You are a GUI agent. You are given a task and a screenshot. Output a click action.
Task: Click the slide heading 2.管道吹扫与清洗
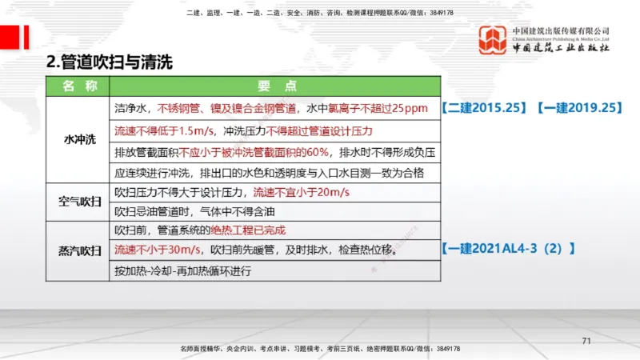[x=110, y=62]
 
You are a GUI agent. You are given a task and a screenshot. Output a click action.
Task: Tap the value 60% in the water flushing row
[x=317, y=151]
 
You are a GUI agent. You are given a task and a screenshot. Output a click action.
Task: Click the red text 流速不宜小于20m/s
[x=302, y=193]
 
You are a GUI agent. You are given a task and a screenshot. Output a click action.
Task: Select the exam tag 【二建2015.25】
[x=482, y=107]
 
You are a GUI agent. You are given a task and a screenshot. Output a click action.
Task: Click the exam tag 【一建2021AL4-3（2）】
[x=508, y=249]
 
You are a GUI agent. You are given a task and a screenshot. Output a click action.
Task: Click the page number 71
[x=586, y=342]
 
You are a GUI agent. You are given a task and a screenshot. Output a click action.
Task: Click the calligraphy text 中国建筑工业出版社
[x=562, y=49]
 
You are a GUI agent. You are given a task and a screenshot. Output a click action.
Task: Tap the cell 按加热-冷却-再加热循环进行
[x=183, y=271]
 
